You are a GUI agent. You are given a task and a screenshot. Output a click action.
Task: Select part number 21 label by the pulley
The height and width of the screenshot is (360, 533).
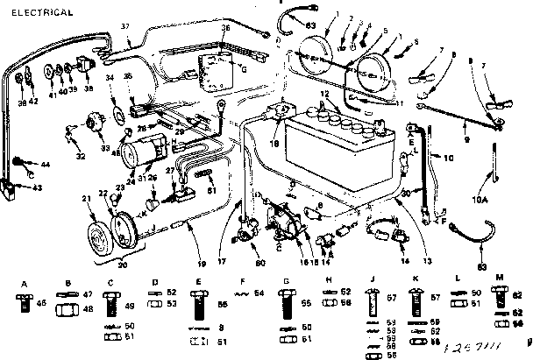(87, 201)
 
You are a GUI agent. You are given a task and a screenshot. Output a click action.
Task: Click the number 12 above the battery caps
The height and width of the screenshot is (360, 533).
(323, 93)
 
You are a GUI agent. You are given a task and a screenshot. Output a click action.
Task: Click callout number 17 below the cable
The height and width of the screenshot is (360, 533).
(222, 259)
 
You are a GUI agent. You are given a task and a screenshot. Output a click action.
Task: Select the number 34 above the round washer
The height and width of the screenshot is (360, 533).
(110, 79)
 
